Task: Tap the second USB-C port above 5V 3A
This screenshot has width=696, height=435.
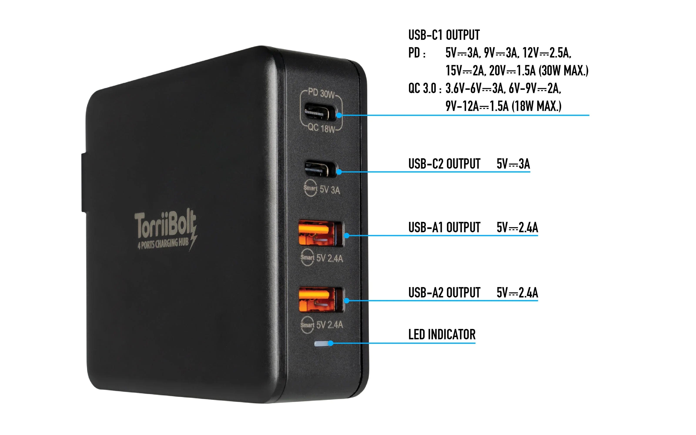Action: pyautogui.click(x=320, y=169)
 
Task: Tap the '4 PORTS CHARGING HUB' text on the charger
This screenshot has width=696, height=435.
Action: pyautogui.click(x=163, y=244)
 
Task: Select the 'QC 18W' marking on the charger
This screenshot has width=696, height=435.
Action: pyautogui.click(x=321, y=128)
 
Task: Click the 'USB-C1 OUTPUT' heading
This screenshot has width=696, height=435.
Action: pyautogui.click(x=444, y=35)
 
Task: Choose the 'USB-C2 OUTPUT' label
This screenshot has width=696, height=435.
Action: pyautogui.click(x=444, y=164)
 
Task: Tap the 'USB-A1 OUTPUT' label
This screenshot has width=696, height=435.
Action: pyautogui.click(x=444, y=227)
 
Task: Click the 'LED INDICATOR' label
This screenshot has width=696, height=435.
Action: pyautogui.click(x=442, y=334)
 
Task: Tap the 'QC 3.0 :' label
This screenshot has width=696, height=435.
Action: pyautogui.click(x=425, y=88)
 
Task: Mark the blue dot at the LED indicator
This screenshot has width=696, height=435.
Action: pyautogui.click(x=331, y=343)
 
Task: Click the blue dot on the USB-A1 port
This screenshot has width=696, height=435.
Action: pyautogui.click(x=347, y=235)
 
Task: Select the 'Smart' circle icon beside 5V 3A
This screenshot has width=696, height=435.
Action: pyautogui.click(x=310, y=188)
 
